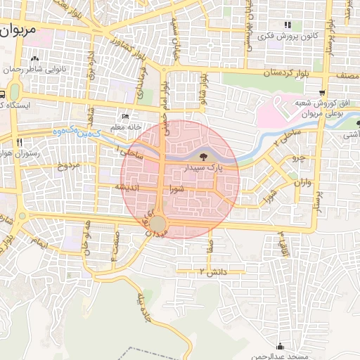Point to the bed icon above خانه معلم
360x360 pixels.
125,116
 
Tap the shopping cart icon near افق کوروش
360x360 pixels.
321,92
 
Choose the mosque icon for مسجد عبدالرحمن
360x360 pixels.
281,345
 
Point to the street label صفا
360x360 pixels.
210,245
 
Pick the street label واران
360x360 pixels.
298,182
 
